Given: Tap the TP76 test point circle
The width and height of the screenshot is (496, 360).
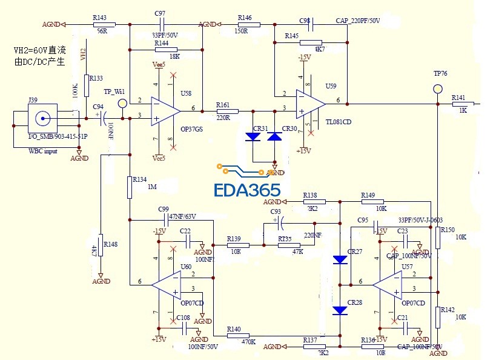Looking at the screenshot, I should (438, 89).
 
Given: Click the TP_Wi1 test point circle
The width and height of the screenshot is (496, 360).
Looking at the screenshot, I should (122, 104).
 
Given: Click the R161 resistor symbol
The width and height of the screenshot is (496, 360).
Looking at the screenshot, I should (227, 111).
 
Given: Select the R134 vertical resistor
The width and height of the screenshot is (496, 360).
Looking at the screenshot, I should (130, 187).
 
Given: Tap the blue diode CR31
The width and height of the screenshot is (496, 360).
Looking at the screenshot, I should (253, 137).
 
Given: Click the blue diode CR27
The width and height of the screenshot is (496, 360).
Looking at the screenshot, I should (340, 260).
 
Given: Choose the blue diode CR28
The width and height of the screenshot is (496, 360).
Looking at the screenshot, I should (340, 310).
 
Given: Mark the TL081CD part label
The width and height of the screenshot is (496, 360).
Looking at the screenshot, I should (339, 122).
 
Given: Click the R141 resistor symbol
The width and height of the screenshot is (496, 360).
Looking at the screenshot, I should (464, 104).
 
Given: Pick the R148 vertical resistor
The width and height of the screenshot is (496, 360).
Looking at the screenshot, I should (101, 245).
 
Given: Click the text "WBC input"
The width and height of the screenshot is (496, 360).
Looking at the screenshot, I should (43, 151).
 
